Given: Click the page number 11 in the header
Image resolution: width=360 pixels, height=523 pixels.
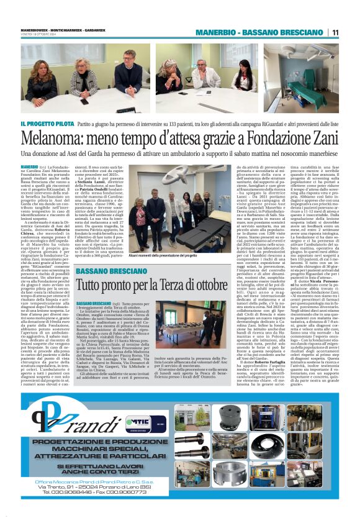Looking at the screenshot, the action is (335, 32).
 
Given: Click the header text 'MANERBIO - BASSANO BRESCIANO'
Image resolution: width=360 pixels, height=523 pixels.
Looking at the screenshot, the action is (261, 32).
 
